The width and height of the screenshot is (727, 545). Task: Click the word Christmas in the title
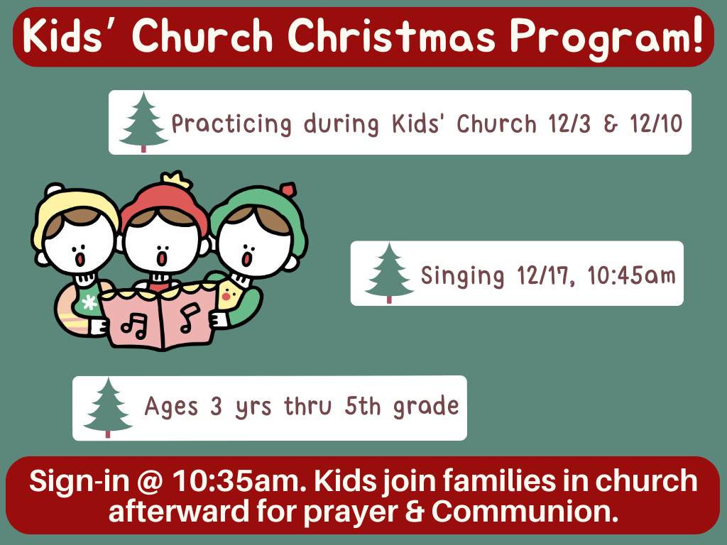click(x=392, y=35)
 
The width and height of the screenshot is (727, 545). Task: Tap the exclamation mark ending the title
click(x=696, y=33)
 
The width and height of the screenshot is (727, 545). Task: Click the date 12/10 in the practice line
click(x=655, y=123)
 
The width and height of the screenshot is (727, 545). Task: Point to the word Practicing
click(x=231, y=124)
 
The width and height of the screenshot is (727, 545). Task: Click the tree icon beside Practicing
click(x=143, y=122)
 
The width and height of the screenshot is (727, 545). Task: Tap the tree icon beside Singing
click(x=389, y=273)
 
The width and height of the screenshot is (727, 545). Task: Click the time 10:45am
click(x=631, y=276)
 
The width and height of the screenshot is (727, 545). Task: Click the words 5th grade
click(x=402, y=407)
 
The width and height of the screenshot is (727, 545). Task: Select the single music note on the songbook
click(x=190, y=318)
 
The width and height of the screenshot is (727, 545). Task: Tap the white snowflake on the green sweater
click(x=89, y=303)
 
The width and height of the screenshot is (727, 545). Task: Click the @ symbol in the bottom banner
click(x=150, y=481)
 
